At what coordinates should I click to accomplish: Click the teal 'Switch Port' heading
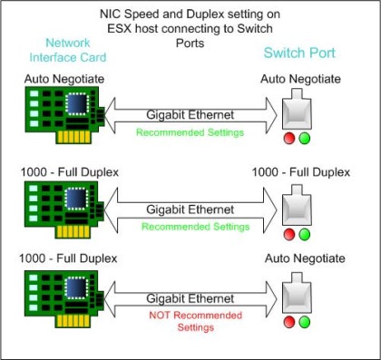(x=299, y=53)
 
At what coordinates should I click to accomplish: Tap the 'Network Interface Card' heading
(x=68, y=50)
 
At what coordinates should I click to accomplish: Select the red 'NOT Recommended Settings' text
(x=196, y=321)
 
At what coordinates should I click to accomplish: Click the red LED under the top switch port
(x=289, y=139)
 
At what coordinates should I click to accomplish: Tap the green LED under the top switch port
(x=305, y=139)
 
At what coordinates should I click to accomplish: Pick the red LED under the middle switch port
(x=289, y=234)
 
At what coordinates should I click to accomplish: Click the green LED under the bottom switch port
(x=305, y=322)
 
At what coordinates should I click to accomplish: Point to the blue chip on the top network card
(x=76, y=104)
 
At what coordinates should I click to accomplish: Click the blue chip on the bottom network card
(x=76, y=288)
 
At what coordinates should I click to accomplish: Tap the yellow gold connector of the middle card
(x=73, y=232)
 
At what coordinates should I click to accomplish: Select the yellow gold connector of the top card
(x=73, y=137)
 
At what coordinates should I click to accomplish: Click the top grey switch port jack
(x=297, y=109)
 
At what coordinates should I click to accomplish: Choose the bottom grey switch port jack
(x=297, y=293)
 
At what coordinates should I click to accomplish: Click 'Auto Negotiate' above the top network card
(x=64, y=79)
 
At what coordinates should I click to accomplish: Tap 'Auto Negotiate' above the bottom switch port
(x=305, y=258)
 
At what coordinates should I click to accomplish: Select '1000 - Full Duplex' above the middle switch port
(x=301, y=172)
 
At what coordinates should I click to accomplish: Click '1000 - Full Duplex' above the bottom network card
(x=68, y=258)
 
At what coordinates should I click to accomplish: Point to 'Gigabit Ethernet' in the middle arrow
(x=190, y=209)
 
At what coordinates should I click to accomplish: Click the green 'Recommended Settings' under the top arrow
(x=190, y=132)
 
